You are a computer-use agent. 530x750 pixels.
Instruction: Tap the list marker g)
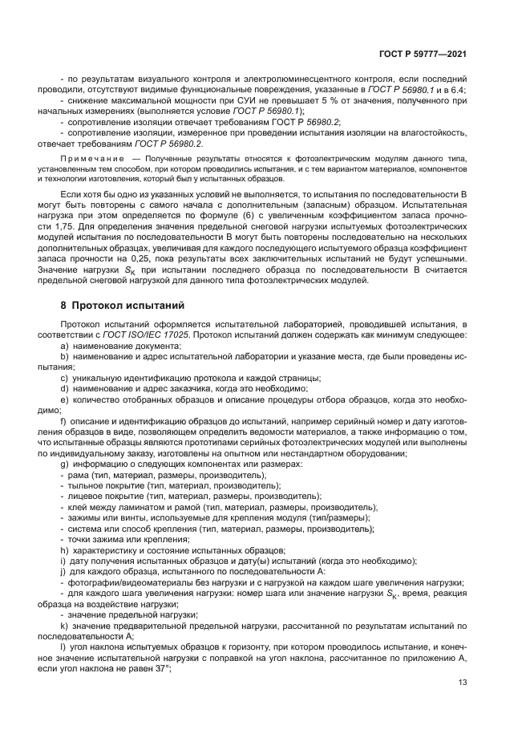tap(65, 464)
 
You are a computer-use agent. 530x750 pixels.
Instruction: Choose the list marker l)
tap(64, 644)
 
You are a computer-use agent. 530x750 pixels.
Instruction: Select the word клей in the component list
tap(79, 507)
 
